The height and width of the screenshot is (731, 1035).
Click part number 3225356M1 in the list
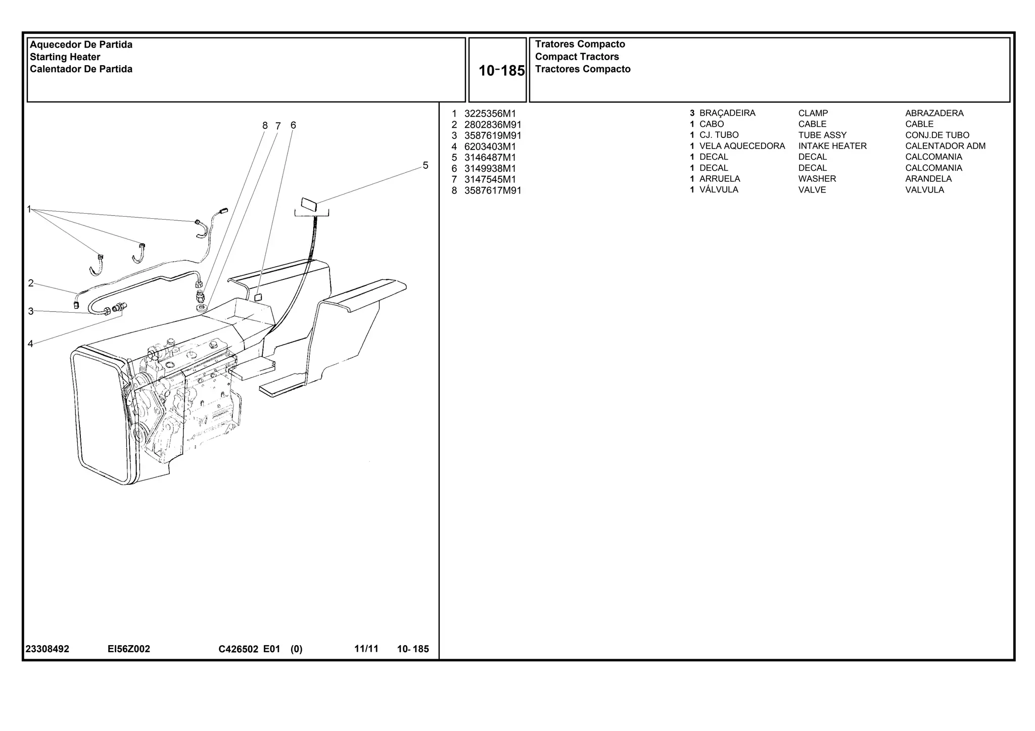tap(490, 114)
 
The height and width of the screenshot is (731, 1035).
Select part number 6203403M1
tap(490, 147)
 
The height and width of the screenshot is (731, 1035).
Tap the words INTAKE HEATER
tap(832, 146)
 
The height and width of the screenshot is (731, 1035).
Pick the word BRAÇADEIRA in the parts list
tap(727, 113)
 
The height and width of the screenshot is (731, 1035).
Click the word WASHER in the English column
tap(817, 179)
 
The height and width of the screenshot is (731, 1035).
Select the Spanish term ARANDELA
tap(928, 179)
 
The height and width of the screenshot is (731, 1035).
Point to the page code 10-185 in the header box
tap(501, 71)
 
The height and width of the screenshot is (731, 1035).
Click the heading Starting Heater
tap(65, 57)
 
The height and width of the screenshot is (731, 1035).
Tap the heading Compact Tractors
tap(577, 57)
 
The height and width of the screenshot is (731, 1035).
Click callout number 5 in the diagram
tap(425, 166)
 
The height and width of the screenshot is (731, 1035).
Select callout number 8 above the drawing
tap(265, 126)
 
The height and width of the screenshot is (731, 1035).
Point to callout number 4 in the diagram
tap(30, 344)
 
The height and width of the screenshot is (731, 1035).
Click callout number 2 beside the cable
tap(31, 283)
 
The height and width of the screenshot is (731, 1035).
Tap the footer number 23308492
tap(47, 649)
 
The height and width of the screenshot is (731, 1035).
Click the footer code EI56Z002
tap(128, 649)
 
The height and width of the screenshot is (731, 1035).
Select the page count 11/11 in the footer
tap(366, 649)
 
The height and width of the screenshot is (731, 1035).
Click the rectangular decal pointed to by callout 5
tap(308, 205)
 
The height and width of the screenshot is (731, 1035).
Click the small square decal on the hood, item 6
tap(258, 297)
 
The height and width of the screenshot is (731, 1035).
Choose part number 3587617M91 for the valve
tap(492, 190)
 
